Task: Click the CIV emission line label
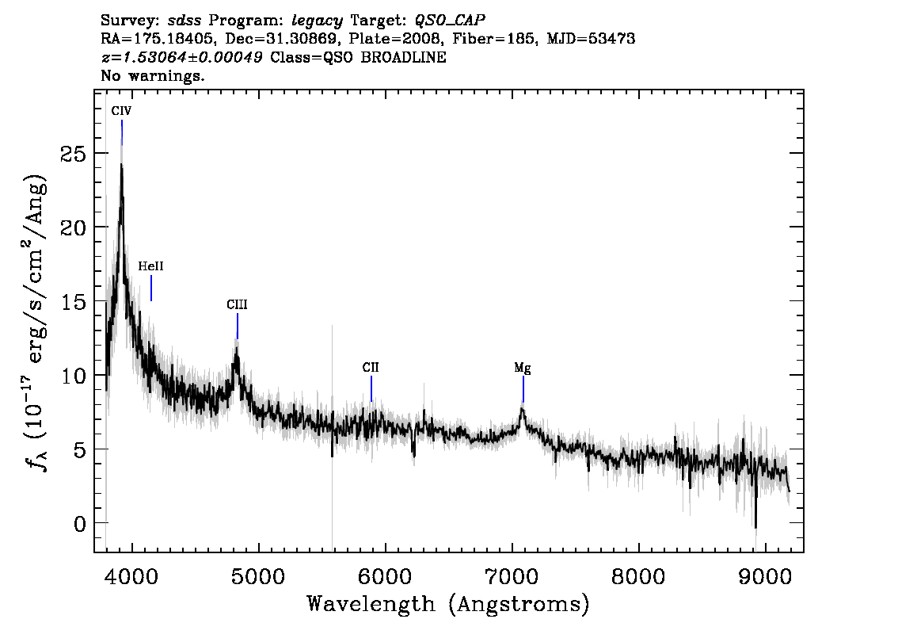(121, 111)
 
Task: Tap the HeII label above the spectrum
(150, 266)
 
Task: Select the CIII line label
(237, 304)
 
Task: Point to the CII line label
(371, 367)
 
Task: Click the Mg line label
(523, 368)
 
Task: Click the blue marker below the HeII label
(151, 289)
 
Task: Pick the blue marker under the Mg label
(523, 389)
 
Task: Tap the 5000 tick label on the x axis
(259, 577)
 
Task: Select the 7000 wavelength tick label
(512, 577)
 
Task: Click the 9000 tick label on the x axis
(764, 577)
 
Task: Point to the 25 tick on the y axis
(73, 154)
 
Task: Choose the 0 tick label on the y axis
(80, 523)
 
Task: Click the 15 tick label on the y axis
(73, 301)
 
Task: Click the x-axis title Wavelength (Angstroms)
(448, 604)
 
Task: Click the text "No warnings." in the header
(152, 75)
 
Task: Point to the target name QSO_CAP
(450, 21)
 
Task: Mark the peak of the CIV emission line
(121, 165)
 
